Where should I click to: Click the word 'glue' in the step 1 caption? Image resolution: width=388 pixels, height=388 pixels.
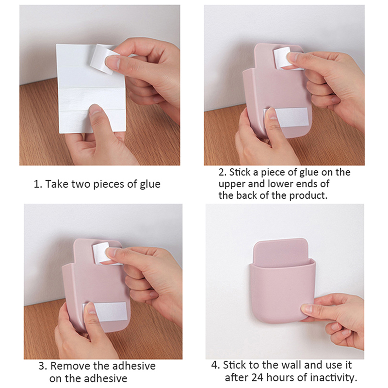tap(150, 185)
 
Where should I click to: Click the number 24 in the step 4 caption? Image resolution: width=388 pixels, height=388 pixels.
tap(258, 378)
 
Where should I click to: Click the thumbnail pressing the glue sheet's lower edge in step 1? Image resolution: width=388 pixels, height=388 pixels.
tap(95, 109)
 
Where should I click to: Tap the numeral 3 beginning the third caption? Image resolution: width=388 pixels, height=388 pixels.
tap(42, 366)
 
